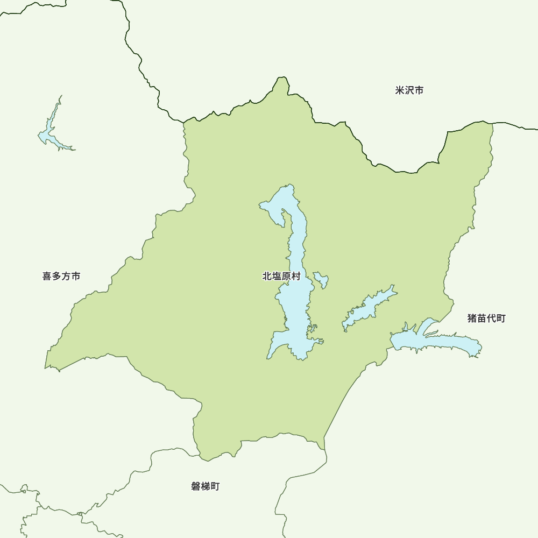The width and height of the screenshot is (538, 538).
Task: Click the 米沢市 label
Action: [409, 90]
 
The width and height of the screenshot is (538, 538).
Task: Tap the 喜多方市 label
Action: [61, 276]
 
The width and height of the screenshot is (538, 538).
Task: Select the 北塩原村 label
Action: [281, 276]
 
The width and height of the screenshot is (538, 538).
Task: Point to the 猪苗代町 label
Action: [486, 318]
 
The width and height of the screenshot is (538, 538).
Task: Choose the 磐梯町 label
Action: [205, 486]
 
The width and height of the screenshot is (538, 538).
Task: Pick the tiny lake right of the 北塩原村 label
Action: [322, 279]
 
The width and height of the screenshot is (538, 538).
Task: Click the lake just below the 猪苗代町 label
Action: [436, 341]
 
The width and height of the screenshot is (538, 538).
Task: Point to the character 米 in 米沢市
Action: [400, 90]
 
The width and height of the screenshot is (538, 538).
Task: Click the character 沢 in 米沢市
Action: [409, 90]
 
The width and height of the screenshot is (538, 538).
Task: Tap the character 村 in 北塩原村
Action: [295, 276]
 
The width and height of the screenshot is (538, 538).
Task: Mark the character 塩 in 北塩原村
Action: [276, 276]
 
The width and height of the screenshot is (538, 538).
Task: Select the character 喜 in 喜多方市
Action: [47, 276]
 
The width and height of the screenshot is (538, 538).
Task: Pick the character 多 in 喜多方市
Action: [56, 276]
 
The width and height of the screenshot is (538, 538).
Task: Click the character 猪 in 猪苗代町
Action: [472, 318]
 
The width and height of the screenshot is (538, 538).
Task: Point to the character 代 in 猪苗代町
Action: [491, 318]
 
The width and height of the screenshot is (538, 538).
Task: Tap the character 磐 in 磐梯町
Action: [195, 486]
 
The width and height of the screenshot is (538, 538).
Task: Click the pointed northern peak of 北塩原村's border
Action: [281, 79]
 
